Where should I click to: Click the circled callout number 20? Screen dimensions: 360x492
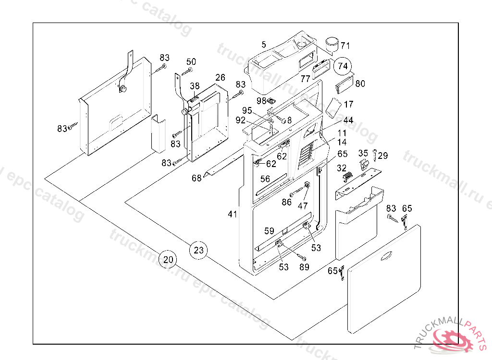click(168, 260)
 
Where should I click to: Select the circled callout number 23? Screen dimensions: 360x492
click(199, 250)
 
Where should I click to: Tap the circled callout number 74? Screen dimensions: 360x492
click(343, 66)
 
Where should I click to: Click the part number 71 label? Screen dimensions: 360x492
click(345, 46)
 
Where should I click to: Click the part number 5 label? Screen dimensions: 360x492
click(264, 45)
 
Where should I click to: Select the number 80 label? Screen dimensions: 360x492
click(360, 84)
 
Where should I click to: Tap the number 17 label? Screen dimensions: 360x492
click(348, 104)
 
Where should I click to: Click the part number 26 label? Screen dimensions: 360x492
click(220, 78)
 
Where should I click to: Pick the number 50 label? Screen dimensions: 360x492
click(191, 61)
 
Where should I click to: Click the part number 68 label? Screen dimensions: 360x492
click(197, 178)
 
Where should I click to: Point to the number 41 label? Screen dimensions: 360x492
click(233, 215)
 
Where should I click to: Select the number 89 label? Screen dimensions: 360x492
click(304, 267)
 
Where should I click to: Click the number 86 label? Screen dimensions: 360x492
click(287, 202)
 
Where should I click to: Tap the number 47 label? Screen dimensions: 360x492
click(303, 206)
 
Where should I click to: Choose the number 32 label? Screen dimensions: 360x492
click(342, 168)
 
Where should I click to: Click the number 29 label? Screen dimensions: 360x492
click(382, 156)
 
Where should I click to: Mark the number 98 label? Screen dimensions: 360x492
click(261, 100)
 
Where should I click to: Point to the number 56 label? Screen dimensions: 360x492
click(265, 179)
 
